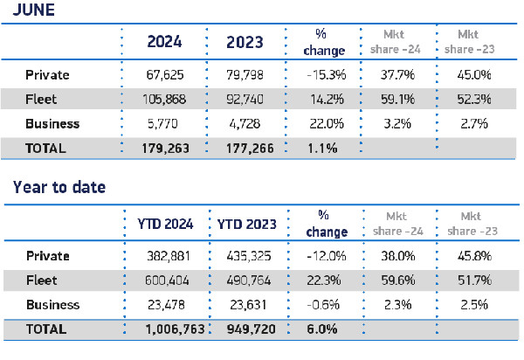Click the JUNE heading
[31, 10]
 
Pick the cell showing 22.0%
[329, 124]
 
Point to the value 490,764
[250, 281]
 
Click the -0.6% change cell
[329, 306]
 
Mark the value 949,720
[250, 330]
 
